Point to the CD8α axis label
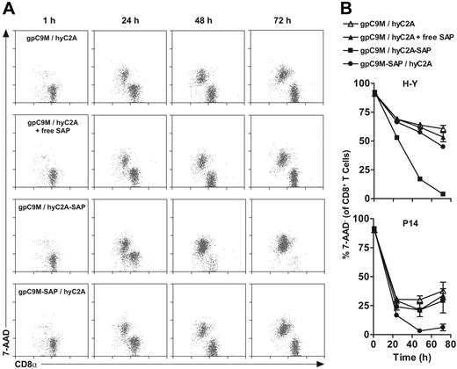(x=38, y=361)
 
